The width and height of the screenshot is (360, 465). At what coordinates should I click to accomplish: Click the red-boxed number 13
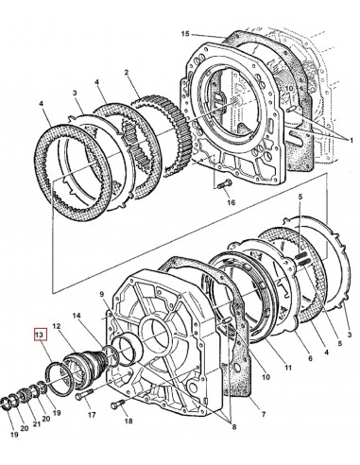tap(39, 334)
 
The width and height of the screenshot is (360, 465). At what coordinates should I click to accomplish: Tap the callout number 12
tap(58, 327)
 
